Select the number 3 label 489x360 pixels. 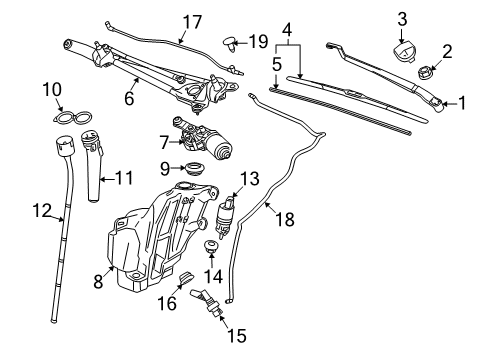pyautogui.click(x=401, y=18)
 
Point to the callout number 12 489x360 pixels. pyautogui.click(x=41, y=211)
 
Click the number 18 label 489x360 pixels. pyautogui.click(x=285, y=218)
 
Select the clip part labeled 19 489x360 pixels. pyautogui.click(x=231, y=42)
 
